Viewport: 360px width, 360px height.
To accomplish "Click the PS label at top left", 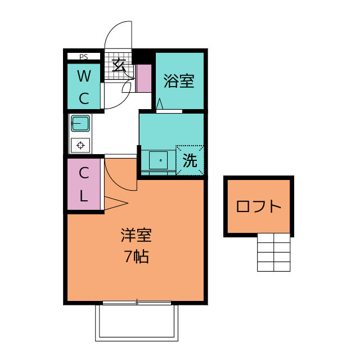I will click(83, 56).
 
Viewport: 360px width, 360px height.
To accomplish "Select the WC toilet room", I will click(83, 87).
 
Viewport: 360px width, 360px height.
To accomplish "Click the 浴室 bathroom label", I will click(179, 82).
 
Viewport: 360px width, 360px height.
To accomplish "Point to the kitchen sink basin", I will click(80, 123).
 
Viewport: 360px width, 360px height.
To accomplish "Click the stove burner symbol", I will click(80, 145).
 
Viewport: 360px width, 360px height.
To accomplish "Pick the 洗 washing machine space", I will click(190, 161).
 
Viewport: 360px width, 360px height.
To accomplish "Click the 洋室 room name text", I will click(136, 235).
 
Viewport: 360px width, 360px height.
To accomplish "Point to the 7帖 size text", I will click(136, 256).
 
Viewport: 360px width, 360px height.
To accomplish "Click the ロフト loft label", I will click(258, 206).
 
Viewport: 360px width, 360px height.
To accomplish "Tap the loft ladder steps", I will click(274, 252).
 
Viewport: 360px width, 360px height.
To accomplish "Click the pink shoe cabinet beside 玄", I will click(144, 79).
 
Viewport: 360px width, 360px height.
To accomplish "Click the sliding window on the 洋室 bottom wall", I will click(136, 303).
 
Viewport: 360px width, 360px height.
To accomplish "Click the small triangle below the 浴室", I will click(160, 104).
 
